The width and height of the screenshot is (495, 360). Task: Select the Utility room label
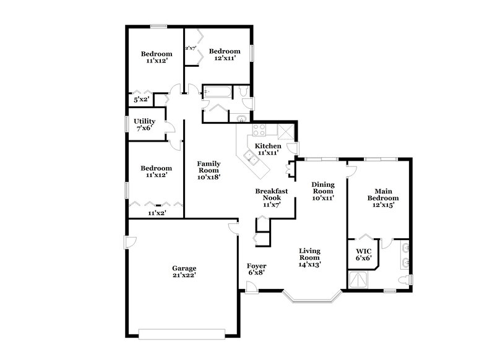click(144, 121)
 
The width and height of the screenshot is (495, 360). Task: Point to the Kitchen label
click(269, 146)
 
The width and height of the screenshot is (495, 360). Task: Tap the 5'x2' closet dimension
click(142, 99)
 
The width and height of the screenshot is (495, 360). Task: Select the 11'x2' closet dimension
click(156, 213)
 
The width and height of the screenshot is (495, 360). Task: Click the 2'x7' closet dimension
click(191, 47)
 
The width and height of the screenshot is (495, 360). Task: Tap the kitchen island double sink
click(252, 156)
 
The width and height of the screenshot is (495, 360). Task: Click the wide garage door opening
click(184, 335)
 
